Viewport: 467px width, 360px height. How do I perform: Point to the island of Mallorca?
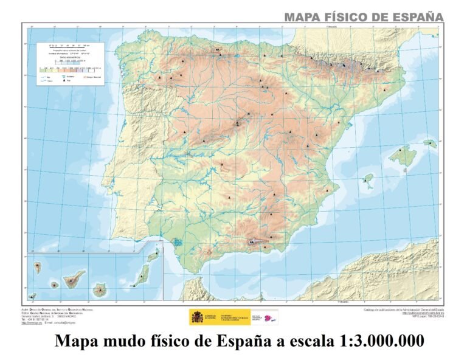[x=402, y=156]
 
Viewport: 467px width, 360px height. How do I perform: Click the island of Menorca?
[x=431, y=144]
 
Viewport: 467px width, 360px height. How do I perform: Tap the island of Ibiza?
[x=368, y=180]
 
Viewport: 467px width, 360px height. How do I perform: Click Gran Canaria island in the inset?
[x=99, y=290]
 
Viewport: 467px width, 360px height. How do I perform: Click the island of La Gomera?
[x=55, y=285]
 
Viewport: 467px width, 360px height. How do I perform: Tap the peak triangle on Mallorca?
[x=400, y=150]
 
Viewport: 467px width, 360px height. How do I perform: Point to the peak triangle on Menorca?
[x=431, y=143]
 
